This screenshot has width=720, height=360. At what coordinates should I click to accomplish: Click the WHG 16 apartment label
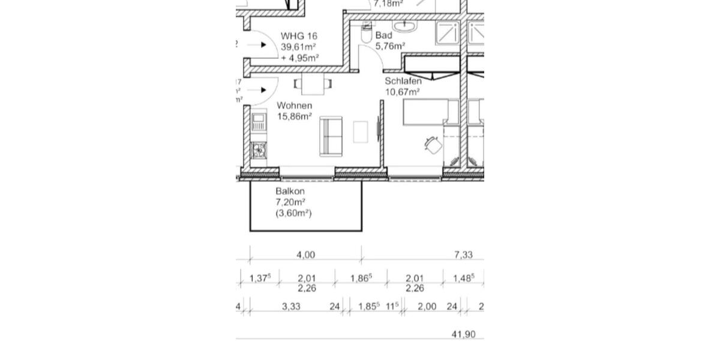pyautogui.click(x=298, y=36)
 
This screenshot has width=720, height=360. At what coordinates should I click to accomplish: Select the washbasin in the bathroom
pyautogui.click(x=406, y=26)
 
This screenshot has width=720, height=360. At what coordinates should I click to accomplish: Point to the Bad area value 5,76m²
pyautogui.click(x=390, y=46)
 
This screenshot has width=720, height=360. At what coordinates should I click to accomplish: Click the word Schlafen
pyautogui.click(x=403, y=81)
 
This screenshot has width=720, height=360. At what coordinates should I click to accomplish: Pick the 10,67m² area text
pyautogui.click(x=402, y=92)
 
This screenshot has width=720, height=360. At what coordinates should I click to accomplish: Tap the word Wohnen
pyautogui.click(x=294, y=106)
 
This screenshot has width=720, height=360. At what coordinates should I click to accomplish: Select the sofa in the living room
pyautogui.click(x=331, y=136)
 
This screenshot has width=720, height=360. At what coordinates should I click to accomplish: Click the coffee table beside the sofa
pyautogui.click(x=361, y=132)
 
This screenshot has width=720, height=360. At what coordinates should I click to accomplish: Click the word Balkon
pyautogui.click(x=290, y=191)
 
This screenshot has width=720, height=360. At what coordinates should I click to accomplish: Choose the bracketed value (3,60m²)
pyautogui.click(x=293, y=213)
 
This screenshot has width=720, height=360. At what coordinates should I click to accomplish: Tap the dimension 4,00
pyautogui.click(x=305, y=255)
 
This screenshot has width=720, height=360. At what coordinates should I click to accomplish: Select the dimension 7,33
pyautogui.click(x=463, y=255)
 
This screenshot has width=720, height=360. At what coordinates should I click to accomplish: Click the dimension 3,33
pyautogui.click(x=291, y=307)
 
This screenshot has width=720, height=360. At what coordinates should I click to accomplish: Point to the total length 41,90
pyautogui.click(x=463, y=334)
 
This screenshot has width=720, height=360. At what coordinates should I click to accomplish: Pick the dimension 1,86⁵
pyautogui.click(x=361, y=278)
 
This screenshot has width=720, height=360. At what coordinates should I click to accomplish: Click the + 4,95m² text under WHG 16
pyautogui.click(x=299, y=58)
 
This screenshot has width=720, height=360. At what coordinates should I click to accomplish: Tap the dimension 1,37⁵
pyautogui.click(x=260, y=278)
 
